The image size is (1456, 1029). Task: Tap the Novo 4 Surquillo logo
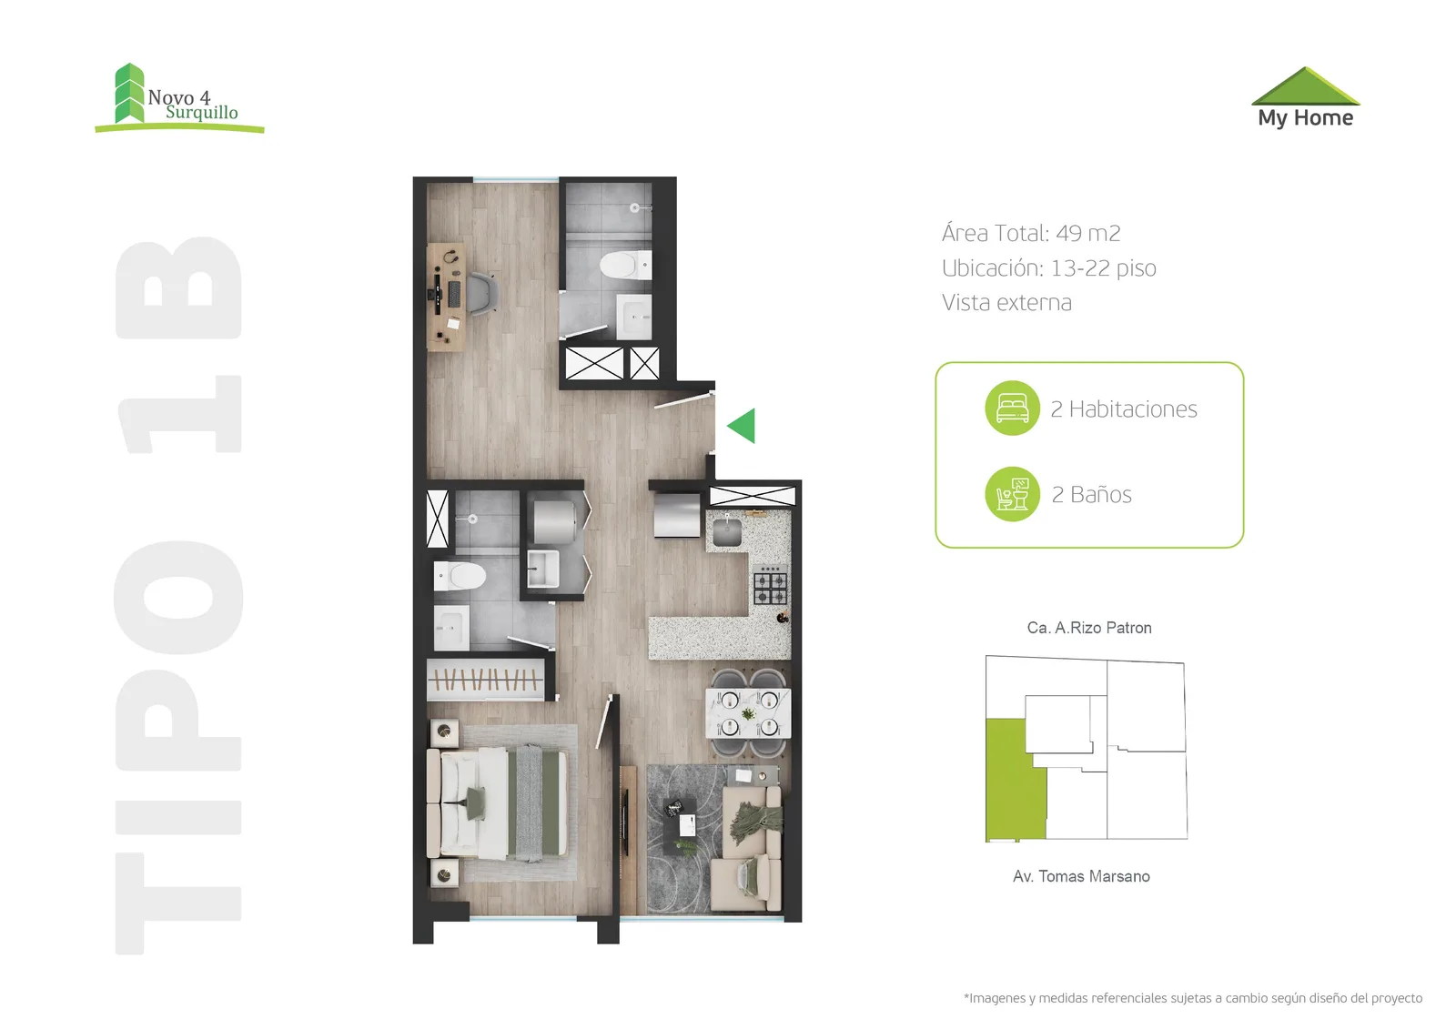point(179,98)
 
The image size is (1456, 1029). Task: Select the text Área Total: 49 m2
point(1031,233)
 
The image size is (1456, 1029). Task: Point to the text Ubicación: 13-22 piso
point(1048,267)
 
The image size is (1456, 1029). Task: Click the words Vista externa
point(1006,302)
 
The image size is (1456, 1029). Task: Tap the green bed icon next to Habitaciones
point(1012,408)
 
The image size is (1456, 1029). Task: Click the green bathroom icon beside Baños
point(1012,494)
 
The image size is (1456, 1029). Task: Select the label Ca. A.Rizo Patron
point(1089,627)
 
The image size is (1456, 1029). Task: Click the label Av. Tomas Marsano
point(1081,875)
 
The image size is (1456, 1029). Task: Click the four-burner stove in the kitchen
point(770,585)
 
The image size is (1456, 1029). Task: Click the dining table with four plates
point(748,712)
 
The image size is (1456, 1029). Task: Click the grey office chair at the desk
point(482,294)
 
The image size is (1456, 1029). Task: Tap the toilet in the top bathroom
point(624,266)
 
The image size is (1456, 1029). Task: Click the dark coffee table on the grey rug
point(680,825)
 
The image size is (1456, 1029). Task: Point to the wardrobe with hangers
point(485,680)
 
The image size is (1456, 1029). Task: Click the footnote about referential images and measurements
point(1193,998)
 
